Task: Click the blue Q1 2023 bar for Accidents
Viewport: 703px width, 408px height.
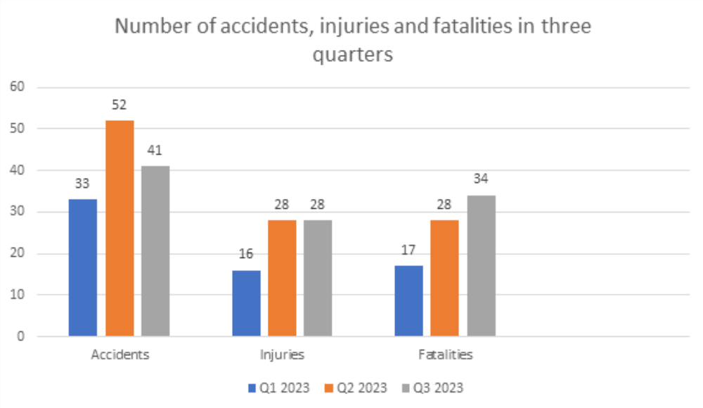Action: coord(83,267)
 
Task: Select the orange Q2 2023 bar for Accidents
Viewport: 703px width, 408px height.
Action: coord(120,228)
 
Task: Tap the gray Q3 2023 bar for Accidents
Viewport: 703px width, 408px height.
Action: coord(155,251)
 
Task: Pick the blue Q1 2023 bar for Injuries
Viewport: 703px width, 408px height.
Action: coord(246,303)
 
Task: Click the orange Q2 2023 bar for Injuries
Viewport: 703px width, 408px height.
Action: coord(282,279)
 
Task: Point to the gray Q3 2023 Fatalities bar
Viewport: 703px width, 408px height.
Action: coord(481,266)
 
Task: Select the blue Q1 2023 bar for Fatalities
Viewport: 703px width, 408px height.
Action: coord(408,301)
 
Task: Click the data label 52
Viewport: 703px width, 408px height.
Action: coord(120,105)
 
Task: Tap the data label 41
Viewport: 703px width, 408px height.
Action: coord(155,151)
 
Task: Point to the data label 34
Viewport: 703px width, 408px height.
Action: coord(481,179)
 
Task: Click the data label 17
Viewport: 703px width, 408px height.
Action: coord(408,250)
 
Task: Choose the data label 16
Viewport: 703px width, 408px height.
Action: coord(245,254)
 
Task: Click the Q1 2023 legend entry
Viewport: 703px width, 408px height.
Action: coord(279,388)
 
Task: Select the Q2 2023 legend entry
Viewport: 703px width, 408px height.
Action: coord(356,388)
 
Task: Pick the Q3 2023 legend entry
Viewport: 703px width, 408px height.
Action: coord(432,388)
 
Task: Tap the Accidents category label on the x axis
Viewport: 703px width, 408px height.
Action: coord(120,355)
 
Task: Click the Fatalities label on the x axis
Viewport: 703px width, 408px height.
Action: coord(446,355)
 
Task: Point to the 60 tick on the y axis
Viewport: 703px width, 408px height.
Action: coord(17,87)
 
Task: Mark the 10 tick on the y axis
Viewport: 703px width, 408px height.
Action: coord(17,295)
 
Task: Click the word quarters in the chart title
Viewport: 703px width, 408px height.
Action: coord(353,55)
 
